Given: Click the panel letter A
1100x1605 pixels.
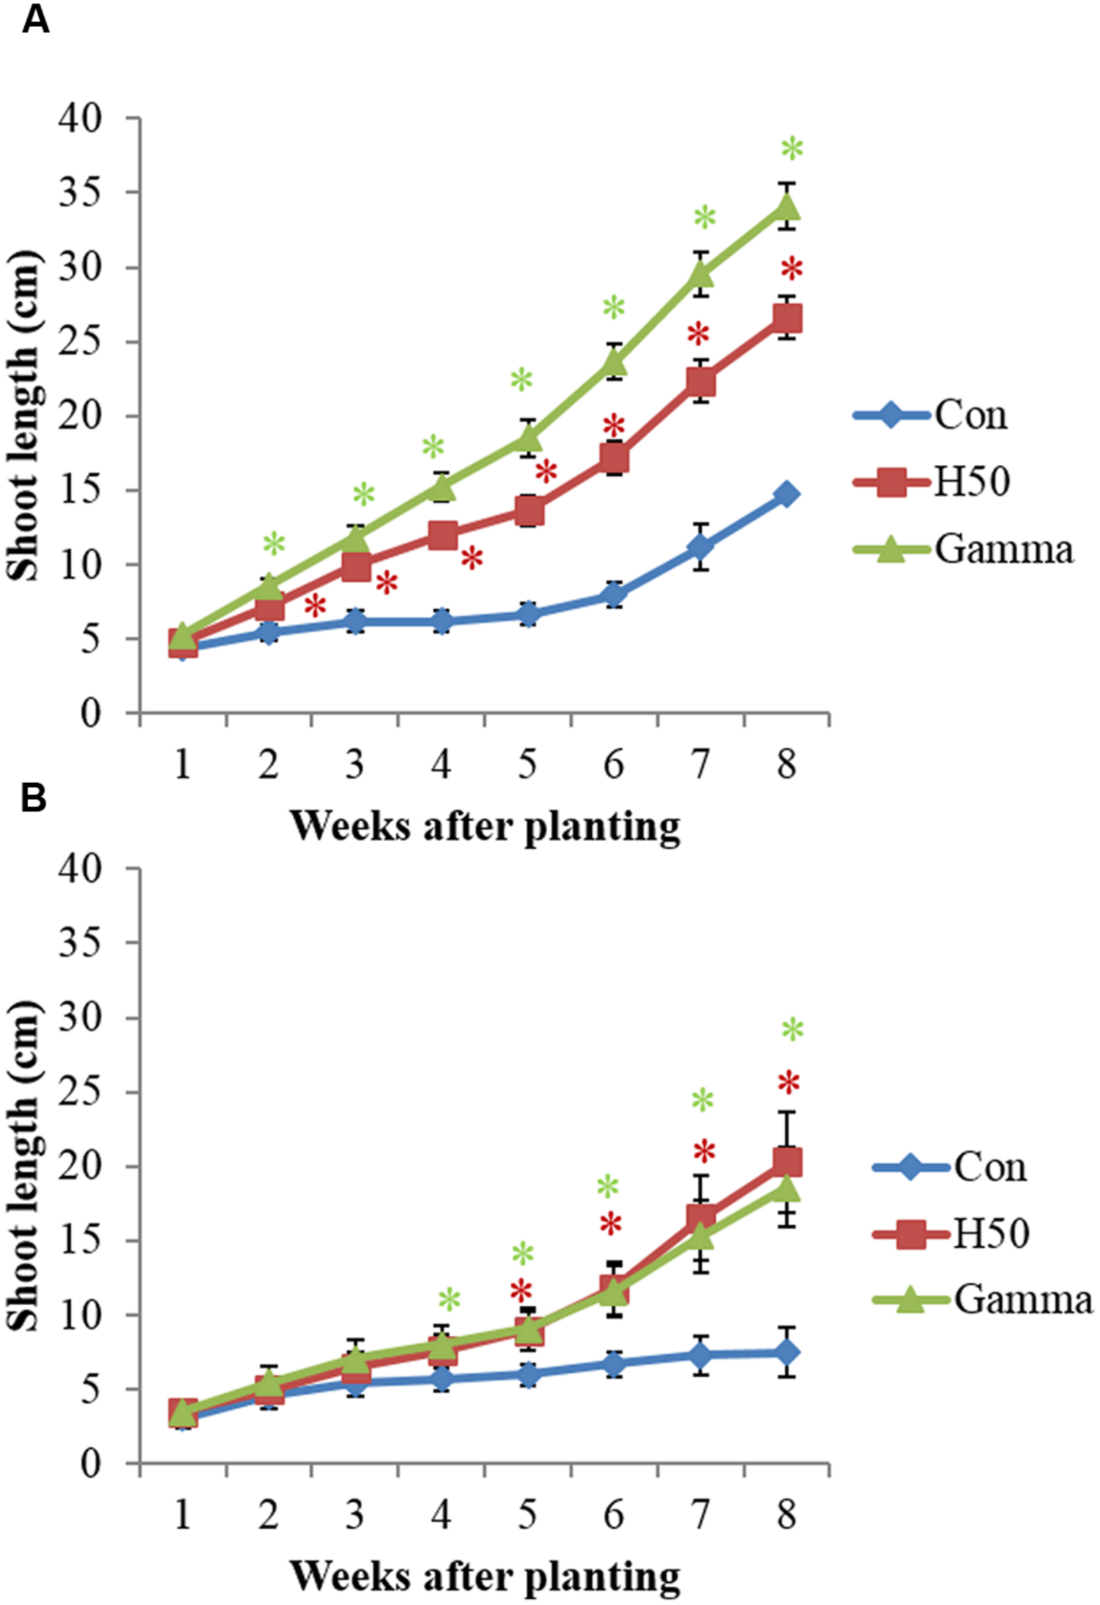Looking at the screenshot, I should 36,20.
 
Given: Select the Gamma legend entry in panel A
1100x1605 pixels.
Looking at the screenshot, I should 1002,549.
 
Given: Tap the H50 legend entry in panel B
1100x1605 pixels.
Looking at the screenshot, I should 990,1233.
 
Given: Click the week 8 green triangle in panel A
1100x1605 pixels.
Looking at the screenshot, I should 787,207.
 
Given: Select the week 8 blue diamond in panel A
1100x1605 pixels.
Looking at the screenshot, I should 787,494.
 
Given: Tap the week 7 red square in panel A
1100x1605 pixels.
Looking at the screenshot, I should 701,381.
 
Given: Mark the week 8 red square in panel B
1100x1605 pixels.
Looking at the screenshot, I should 787,1161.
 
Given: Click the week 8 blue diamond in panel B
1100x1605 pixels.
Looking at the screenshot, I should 787,1352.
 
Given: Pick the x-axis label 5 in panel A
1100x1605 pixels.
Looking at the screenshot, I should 527,765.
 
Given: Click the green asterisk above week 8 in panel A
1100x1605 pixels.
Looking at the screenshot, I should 792,150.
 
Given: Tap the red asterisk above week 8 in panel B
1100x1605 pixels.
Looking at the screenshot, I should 788,1083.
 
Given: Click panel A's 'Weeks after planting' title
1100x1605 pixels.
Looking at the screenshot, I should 485,826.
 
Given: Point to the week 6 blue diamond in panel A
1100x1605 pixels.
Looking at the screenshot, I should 615,594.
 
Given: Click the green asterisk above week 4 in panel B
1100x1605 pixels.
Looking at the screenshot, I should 449,1301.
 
